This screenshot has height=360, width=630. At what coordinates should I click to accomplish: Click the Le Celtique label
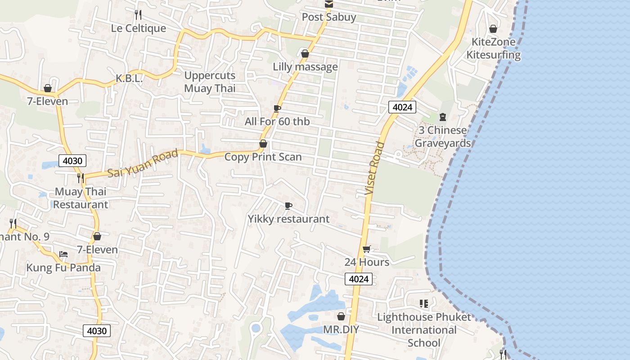[x=139, y=28]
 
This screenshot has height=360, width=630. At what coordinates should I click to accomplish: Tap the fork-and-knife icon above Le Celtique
[x=138, y=15]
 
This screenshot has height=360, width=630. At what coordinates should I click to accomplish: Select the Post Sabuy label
[x=329, y=17]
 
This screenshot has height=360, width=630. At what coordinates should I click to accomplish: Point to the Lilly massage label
[x=305, y=67]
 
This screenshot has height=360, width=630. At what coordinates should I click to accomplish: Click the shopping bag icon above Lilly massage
[x=305, y=54]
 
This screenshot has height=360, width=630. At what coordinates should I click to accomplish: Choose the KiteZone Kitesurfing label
[x=493, y=49]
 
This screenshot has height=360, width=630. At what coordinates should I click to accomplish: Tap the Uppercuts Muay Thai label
[x=210, y=81]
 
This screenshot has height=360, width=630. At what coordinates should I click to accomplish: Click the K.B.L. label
[x=129, y=78]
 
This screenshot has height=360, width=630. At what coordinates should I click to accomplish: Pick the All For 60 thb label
[x=277, y=121]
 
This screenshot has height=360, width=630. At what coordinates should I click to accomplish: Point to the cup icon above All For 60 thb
[x=277, y=108]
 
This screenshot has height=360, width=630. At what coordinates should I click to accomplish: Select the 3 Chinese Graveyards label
[x=442, y=137]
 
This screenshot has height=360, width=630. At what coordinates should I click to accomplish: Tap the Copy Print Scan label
[x=263, y=157]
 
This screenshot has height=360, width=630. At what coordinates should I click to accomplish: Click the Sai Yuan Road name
[x=143, y=164]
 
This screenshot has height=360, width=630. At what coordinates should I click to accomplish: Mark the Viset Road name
[x=375, y=168]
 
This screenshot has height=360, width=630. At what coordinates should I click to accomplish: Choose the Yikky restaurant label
[x=288, y=219]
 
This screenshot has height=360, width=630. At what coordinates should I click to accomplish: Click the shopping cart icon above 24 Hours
[x=367, y=249]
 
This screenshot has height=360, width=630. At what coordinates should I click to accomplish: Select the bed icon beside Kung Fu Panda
[x=63, y=254]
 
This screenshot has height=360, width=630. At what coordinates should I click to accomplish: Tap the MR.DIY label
[x=341, y=329]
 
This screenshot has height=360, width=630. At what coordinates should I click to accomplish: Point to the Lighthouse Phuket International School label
[x=424, y=330]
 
